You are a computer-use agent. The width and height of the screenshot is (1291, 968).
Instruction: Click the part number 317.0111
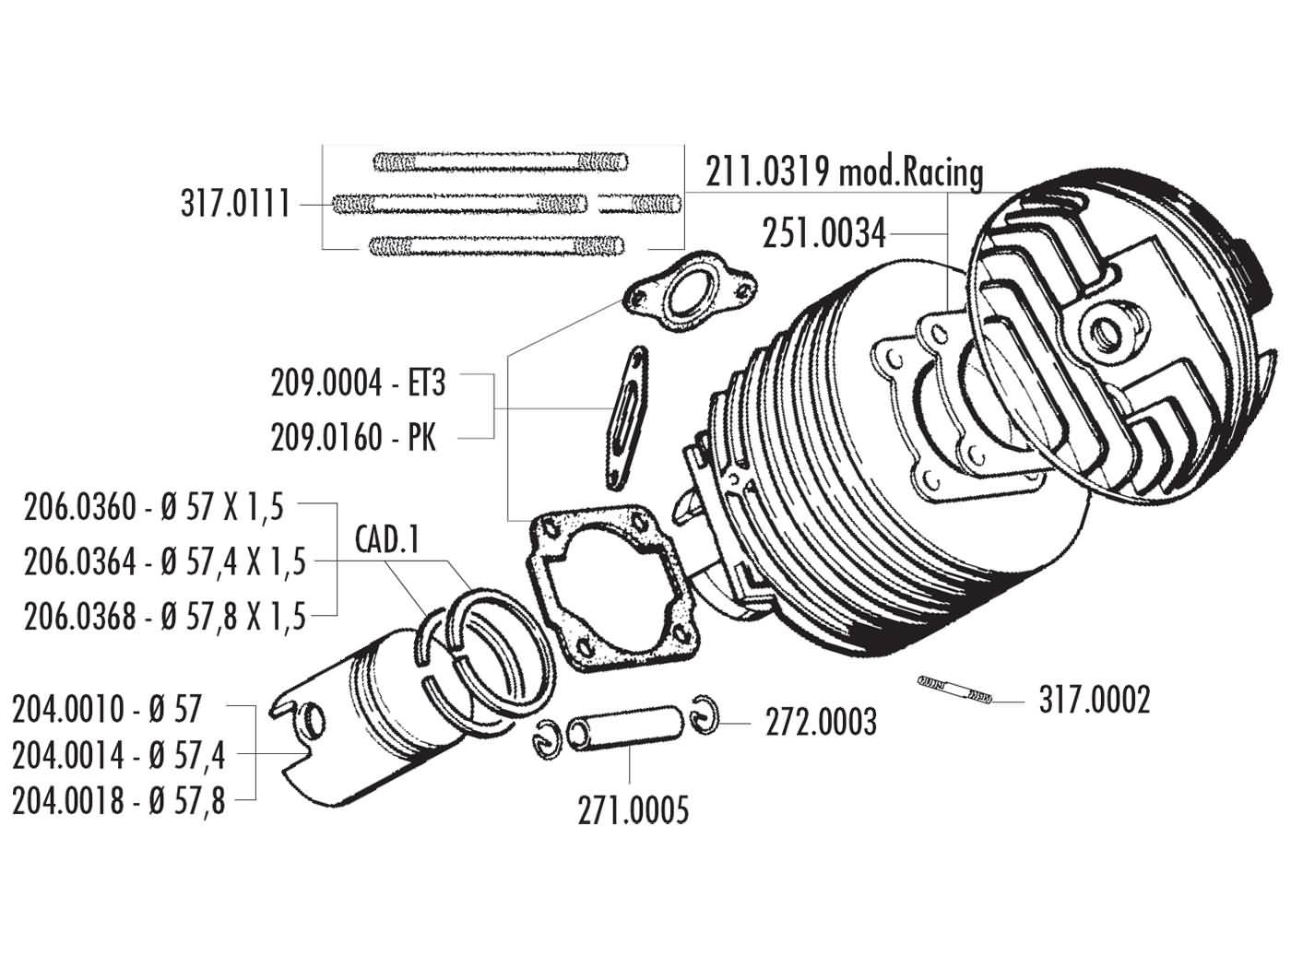[x=234, y=203]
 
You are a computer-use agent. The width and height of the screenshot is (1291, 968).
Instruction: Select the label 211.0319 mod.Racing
[x=844, y=172]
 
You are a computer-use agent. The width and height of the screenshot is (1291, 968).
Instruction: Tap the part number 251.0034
[x=823, y=234]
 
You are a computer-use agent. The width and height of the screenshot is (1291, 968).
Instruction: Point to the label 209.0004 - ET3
[x=358, y=383]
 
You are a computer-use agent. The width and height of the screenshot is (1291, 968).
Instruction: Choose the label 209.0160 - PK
[x=353, y=437]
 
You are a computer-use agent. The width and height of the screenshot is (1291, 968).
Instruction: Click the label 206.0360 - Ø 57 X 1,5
[x=155, y=507]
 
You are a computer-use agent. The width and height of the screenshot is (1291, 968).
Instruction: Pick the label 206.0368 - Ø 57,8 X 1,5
[x=164, y=615]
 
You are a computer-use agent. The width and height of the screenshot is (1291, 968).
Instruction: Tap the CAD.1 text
[x=388, y=539]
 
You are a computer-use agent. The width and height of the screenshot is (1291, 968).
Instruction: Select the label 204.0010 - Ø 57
[x=106, y=709]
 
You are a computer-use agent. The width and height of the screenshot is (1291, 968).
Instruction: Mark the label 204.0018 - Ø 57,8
[x=119, y=801]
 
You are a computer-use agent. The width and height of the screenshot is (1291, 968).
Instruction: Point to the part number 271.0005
[x=633, y=811]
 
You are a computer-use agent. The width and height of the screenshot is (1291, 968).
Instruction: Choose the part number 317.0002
[x=1094, y=701]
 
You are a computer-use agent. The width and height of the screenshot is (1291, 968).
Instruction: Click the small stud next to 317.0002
[x=955, y=690]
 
